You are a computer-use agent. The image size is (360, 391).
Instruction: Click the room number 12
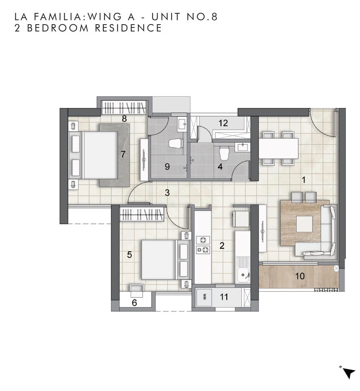[223, 123]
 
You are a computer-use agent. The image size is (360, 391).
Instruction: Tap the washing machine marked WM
[204, 297]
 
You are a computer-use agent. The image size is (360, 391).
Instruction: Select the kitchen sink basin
[243, 275]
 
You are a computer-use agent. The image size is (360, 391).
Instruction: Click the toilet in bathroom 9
[176, 144]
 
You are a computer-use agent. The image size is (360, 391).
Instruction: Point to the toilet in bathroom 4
[224, 153]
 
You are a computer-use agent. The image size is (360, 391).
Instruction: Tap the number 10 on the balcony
[300, 276]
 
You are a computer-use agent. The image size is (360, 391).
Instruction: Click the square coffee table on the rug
[304, 224]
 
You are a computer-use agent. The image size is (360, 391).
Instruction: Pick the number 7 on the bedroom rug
[122, 155]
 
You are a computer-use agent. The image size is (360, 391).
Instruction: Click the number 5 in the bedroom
[130, 255]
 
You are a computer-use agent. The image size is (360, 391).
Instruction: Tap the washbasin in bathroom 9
[182, 124]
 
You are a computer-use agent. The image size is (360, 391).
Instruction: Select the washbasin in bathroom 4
[242, 147]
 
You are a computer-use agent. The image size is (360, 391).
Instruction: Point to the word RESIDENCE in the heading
[128, 28]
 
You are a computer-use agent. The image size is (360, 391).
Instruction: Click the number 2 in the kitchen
[222, 246]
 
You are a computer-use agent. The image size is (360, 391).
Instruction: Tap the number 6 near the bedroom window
[135, 303]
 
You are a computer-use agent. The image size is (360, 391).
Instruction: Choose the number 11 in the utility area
[224, 297]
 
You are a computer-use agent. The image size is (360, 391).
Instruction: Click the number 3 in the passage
[167, 193]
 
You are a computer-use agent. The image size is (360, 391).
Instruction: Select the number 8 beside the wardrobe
[124, 119]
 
